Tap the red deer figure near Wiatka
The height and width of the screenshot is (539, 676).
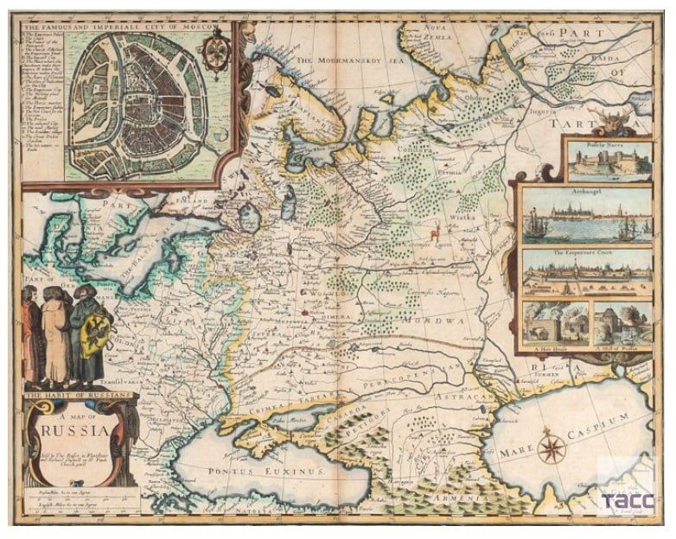(437, 231)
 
